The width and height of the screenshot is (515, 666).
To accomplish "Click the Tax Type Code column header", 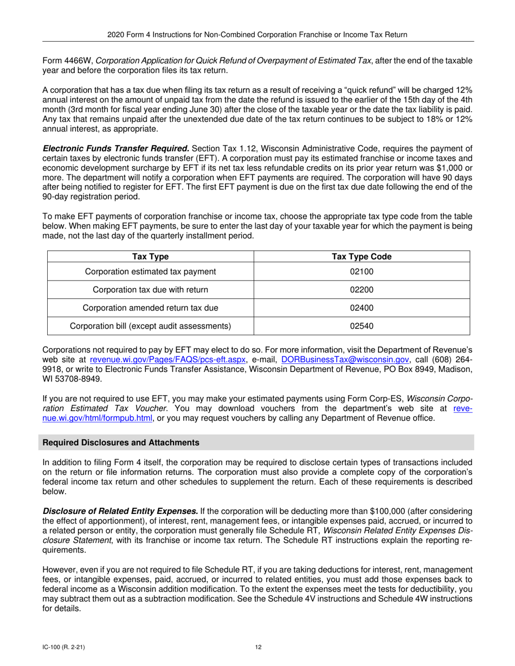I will tap(362, 257).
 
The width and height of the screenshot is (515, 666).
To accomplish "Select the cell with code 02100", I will tap(362, 271).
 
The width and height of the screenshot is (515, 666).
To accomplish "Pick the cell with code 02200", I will tap(362, 290).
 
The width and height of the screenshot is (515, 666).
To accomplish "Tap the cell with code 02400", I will tap(362, 308).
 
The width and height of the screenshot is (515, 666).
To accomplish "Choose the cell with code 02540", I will tap(362, 326).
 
